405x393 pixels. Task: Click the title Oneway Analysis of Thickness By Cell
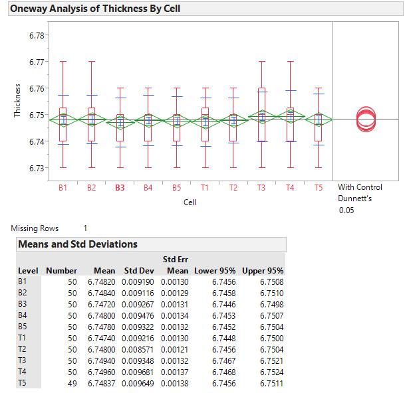(95, 9)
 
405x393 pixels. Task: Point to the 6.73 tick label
(37, 168)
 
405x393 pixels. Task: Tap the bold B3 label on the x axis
(120, 188)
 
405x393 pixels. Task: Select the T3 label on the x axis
(261, 188)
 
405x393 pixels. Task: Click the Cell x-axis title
(190, 201)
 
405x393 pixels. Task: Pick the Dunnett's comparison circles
(365, 119)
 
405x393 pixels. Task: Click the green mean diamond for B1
(63, 119)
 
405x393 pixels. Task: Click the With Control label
(360, 187)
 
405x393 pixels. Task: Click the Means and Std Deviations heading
(78, 244)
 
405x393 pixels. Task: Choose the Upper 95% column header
(263, 271)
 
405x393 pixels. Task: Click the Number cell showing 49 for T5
(72, 384)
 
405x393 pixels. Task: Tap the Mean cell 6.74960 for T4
(101, 372)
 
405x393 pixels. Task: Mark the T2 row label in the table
(23, 350)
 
